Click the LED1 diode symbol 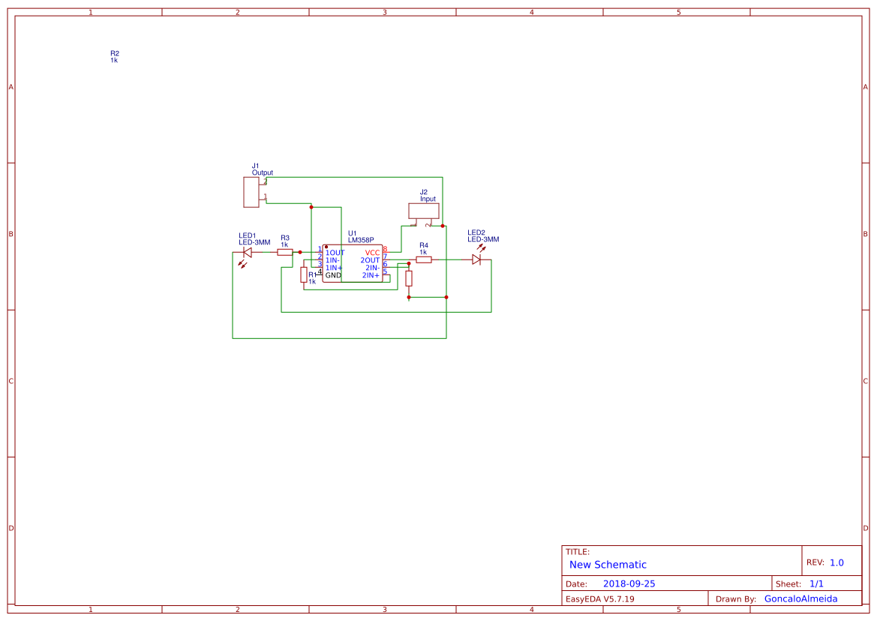tap(248, 253)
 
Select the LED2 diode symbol tap(476, 259)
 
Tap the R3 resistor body tap(285, 253)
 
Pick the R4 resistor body tap(424, 259)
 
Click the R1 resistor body tap(303, 275)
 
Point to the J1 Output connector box tap(251, 192)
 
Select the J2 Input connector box tap(423, 211)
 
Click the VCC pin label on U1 tap(372, 253)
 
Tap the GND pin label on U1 tap(333, 275)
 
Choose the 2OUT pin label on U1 tap(370, 260)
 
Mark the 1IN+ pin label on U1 tap(334, 268)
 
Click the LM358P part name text tap(361, 240)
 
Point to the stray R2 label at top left tap(114, 54)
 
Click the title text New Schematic tap(608, 565)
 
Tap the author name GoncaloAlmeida tap(800, 598)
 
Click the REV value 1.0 tap(836, 562)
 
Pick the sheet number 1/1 tap(816, 583)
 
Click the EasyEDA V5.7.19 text tap(599, 598)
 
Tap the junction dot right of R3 tap(300, 253)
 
